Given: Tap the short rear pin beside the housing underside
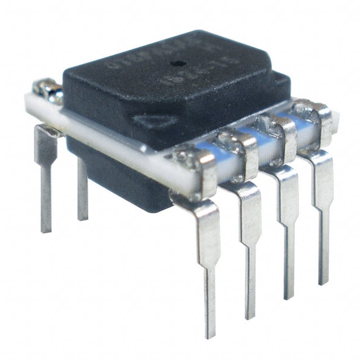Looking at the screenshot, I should coord(83,191).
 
